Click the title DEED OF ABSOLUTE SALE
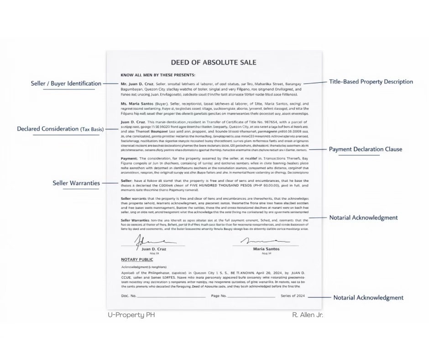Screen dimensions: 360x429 click(214, 63)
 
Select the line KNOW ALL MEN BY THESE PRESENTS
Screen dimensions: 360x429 click(158, 75)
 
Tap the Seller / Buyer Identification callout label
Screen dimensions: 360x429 click(66, 84)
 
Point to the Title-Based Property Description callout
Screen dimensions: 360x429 click(371, 82)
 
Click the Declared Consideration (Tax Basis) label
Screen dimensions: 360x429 click(60, 129)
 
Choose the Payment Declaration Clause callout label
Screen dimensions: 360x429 click(366, 149)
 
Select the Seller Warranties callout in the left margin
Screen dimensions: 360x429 click(76, 183)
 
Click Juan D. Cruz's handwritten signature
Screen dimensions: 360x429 click(149, 241)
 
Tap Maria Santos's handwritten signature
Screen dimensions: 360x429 click(264, 241)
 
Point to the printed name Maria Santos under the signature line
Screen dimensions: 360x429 click(266, 249)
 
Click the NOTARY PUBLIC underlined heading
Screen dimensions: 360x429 click(137, 259)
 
